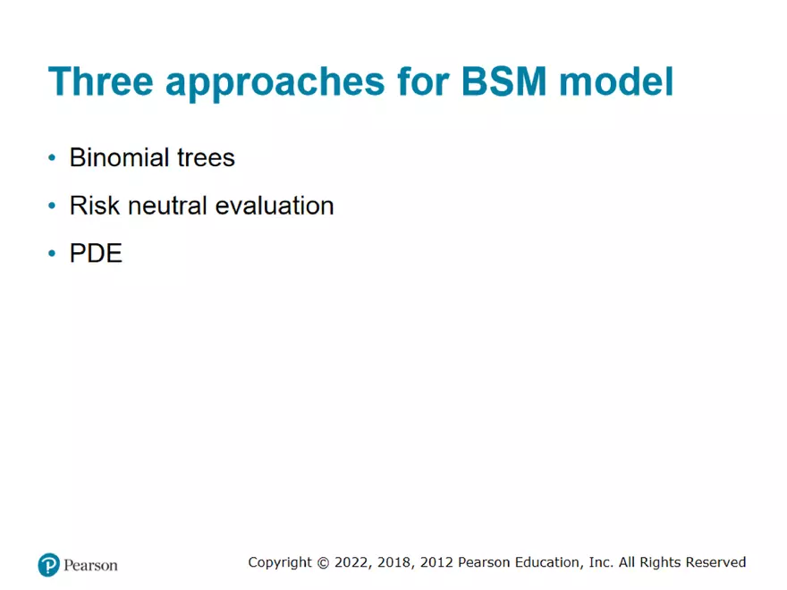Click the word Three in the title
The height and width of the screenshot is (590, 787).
(100, 82)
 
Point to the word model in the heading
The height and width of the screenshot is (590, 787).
(616, 82)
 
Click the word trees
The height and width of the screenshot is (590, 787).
(205, 158)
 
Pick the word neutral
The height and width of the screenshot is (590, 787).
(171, 206)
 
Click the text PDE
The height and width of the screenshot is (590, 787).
(96, 254)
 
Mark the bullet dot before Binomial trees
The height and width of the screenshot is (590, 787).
(52, 159)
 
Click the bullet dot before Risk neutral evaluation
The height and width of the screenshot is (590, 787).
(52, 206)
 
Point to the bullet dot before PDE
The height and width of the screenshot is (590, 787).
(52, 255)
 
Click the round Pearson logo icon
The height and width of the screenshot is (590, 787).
(48, 564)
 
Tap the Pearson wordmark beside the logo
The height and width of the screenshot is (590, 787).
(90, 565)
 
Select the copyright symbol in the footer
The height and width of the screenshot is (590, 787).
(323, 562)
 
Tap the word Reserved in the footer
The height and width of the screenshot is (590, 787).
(715, 562)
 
